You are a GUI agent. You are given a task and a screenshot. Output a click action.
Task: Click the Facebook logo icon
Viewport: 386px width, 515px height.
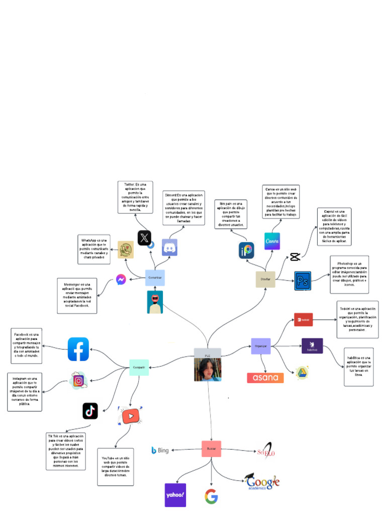click(x=78, y=349)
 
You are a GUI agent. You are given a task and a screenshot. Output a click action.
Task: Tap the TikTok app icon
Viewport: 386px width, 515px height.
click(x=90, y=411)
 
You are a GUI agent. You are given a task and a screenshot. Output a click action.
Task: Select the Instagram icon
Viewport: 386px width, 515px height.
click(x=78, y=381)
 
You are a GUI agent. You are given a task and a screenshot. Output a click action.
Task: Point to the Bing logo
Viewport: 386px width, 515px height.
click(x=160, y=450)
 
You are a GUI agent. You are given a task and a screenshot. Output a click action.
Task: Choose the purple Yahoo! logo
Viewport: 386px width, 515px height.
click(x=175, y=495)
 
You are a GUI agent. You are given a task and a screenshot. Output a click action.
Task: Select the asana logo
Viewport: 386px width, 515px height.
click(x=265, y=378)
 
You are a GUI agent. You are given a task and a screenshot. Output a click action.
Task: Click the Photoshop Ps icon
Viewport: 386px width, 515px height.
click(x=303, y=281)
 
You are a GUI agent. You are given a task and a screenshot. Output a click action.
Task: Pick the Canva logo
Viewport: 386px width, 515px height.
click(x=272, y=241)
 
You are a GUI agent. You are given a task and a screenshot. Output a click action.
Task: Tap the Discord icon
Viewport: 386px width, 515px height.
click(x=170, y=247)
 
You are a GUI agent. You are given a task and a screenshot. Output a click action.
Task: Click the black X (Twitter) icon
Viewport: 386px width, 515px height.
click(x=145, y=237)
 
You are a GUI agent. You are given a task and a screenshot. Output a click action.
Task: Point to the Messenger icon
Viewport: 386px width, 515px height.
click(x=121, y=279)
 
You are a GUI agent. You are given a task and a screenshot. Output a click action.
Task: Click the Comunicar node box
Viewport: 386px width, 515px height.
click(x=155, y=278)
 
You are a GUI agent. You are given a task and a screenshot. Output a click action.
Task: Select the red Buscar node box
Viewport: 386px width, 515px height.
click(x=211, y=449)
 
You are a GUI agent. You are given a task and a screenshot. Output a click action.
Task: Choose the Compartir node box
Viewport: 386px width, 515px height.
click(x=139, y=368)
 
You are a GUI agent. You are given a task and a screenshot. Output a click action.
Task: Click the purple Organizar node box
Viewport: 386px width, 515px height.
click(x=261, y=346)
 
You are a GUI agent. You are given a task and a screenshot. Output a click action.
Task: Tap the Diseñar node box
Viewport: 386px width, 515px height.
click(x=265, y=279)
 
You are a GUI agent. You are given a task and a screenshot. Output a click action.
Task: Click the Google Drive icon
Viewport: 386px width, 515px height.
click(x=302, y=372)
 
